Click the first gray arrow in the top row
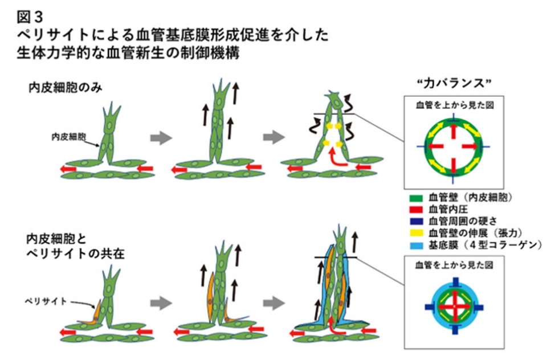[160, 137]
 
